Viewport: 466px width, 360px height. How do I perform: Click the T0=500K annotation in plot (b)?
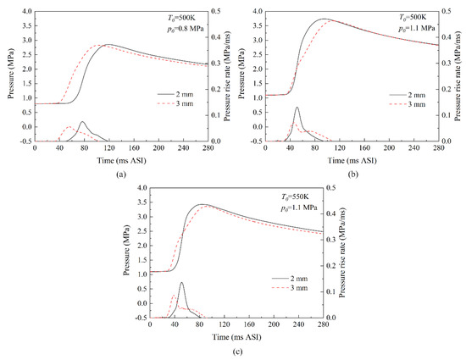(413, 19)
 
